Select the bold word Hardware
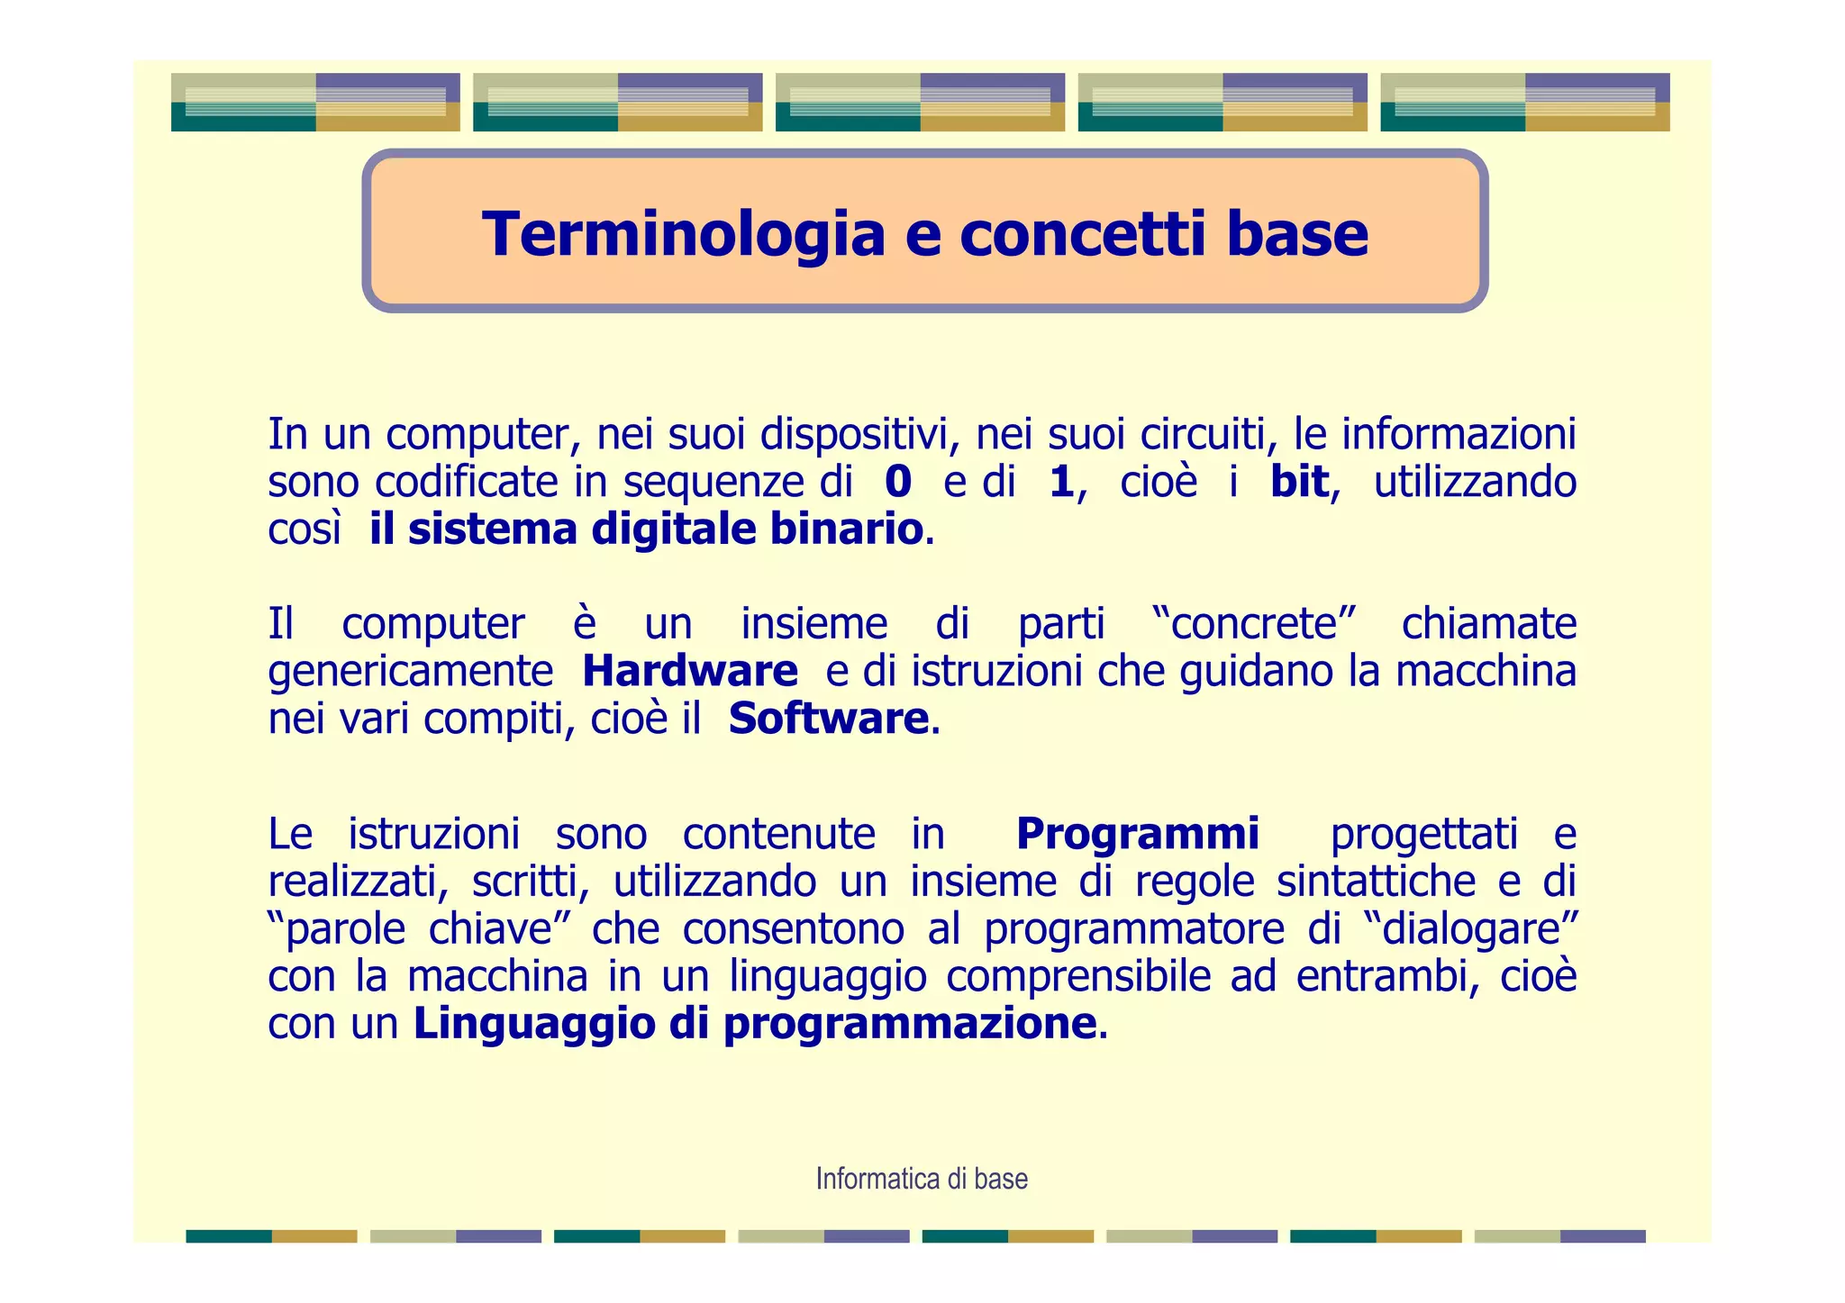689,671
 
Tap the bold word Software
828,719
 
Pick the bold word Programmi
1137,833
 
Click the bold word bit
1298,482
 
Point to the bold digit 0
898,482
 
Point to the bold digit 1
1061,482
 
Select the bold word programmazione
910,1024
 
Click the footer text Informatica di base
922,1179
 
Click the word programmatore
1133,928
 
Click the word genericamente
410,671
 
